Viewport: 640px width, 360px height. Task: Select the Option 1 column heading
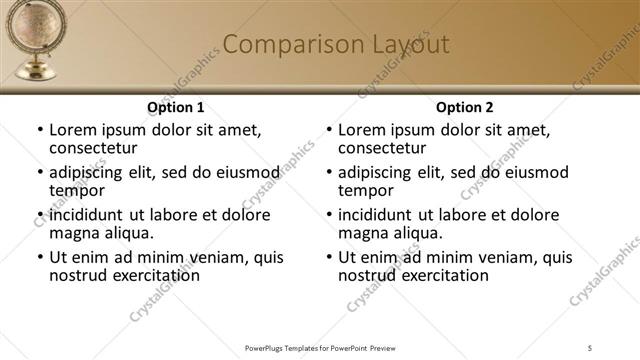176,107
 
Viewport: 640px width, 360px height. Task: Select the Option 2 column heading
465,107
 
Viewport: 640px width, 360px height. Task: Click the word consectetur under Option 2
385,148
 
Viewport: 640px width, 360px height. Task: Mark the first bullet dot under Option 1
39,131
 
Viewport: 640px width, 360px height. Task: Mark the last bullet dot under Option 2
328,258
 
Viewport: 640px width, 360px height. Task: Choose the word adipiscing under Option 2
377,172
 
